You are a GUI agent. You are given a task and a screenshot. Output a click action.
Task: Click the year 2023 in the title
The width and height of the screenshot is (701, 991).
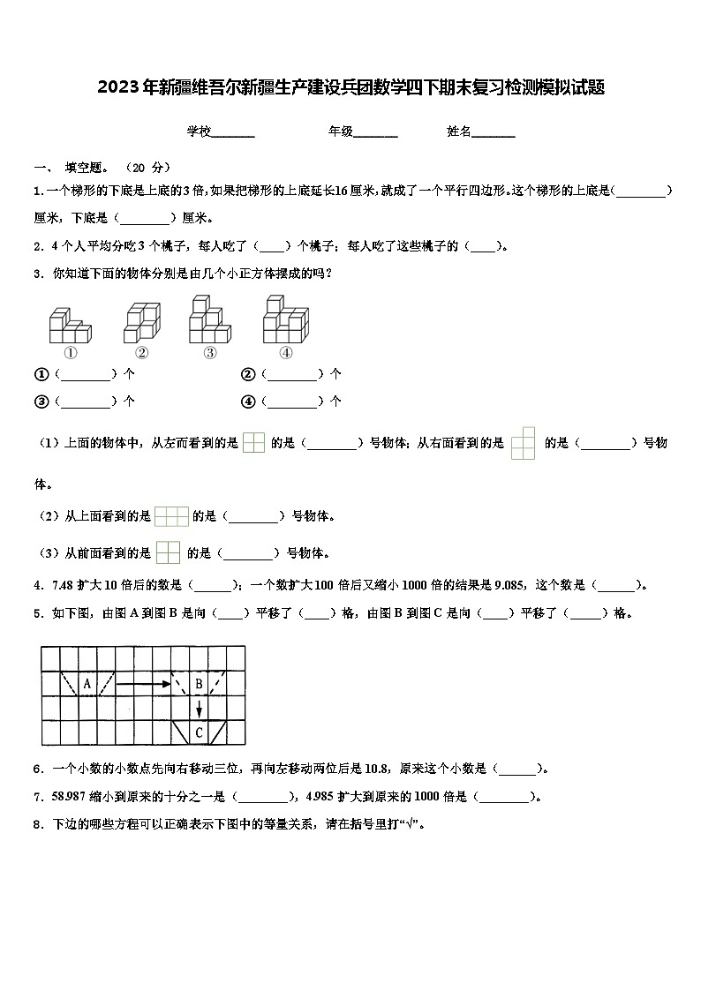(x=114, y=87)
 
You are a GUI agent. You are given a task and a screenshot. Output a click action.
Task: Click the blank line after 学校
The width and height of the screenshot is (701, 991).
(x=233, y=132)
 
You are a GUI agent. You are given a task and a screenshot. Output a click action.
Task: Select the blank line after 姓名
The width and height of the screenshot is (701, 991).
(x=494, y=132)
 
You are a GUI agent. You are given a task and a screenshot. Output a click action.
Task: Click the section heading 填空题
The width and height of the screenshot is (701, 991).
(x=88, y=168)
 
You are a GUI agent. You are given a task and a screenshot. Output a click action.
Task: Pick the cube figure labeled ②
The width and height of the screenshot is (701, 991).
(x=141, y=322)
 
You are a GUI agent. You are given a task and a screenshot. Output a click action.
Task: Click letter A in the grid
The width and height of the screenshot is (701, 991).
(x=87, y=683)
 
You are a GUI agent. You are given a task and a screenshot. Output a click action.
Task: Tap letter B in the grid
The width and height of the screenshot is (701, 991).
(x=199, y=683)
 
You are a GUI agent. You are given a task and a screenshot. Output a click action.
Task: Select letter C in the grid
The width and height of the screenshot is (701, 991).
(x=199, y=732)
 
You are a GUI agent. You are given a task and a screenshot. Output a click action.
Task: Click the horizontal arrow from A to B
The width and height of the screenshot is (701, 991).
(x=143, y=683)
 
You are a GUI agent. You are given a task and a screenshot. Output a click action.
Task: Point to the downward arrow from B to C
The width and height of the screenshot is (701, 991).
(x=200, y=708)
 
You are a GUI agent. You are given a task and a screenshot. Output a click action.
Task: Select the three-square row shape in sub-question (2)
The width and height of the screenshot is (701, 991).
(x=171, y=516)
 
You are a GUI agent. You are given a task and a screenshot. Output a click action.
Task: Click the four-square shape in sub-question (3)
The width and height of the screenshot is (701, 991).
(x=168, y=552)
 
